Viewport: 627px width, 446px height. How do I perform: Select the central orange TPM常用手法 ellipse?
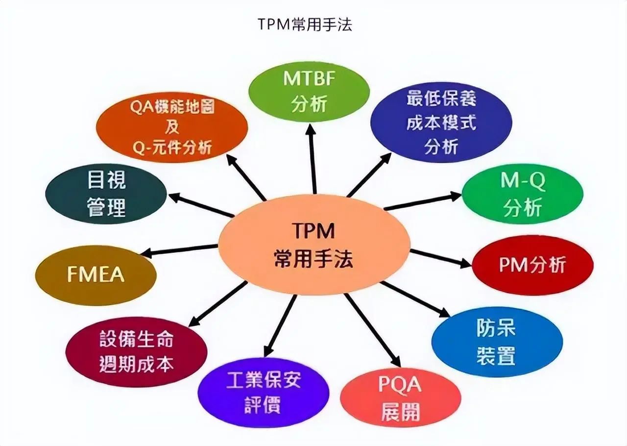pyautogui.click(x=314, y=245)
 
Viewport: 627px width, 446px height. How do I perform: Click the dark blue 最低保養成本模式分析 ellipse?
pyautogui.click(x=441, y=122)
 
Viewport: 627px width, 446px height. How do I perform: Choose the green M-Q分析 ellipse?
pyautogui.click(x=522, y=195)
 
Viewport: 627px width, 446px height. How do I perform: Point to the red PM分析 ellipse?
pyautogui.click(x=532, y=265)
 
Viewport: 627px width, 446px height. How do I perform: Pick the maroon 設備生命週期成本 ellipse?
pyautogui.click(x=136, y=351)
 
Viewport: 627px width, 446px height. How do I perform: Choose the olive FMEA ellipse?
pyautogui.click(x=96, y=274)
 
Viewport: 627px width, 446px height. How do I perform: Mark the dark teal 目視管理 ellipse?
pyautogui.click(x=106, y=194)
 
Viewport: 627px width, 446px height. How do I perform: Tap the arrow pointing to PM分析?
pyautogui.click(x=441, y=258)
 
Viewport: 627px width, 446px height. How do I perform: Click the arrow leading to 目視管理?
pyautogui.click(x=201, y=205)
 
